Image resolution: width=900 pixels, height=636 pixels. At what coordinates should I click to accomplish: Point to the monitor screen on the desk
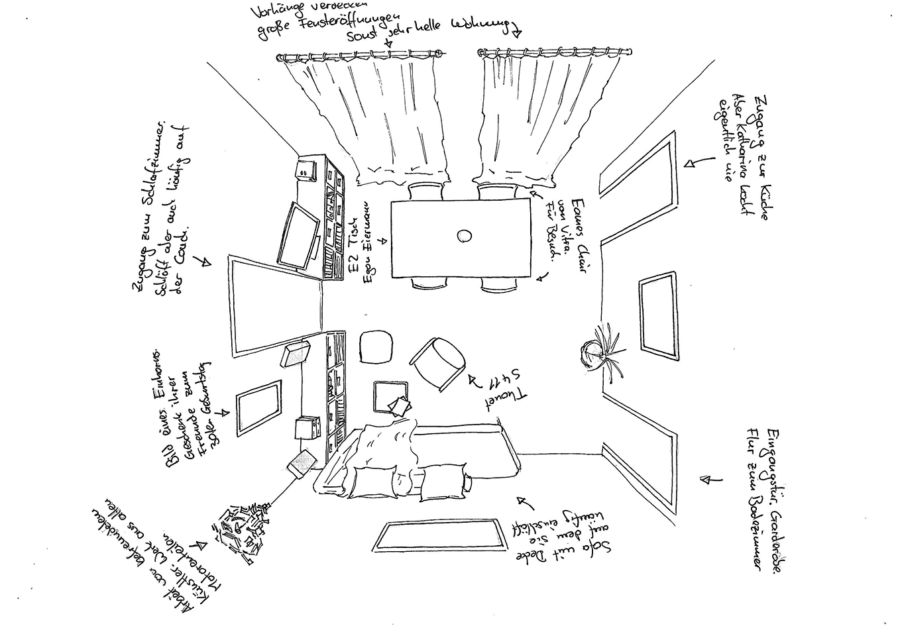click(296, 235)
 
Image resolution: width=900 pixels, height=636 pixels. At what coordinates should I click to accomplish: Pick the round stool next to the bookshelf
click(376, 346)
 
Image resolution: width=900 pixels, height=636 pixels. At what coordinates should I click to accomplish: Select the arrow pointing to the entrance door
click(710, 478)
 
